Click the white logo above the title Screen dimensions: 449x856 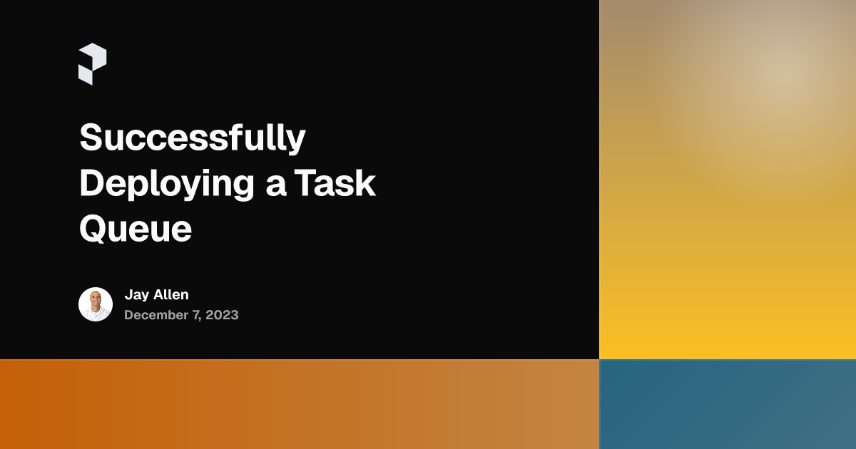tap(92, 64)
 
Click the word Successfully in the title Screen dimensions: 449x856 tap(193, 138)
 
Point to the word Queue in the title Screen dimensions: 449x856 tap(136, 229)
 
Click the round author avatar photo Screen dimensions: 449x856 tap(96, 304)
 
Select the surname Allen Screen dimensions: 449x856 tap(171, 294)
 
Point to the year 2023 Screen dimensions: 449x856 tap(221, 315)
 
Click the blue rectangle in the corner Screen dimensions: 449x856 tap(728, 404)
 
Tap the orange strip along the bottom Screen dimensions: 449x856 tap(300, 404)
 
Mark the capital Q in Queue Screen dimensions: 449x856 tap(93, 229)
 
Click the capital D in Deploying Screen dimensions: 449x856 tap(91, 183)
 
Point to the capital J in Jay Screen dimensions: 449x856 tap(128, 295)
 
